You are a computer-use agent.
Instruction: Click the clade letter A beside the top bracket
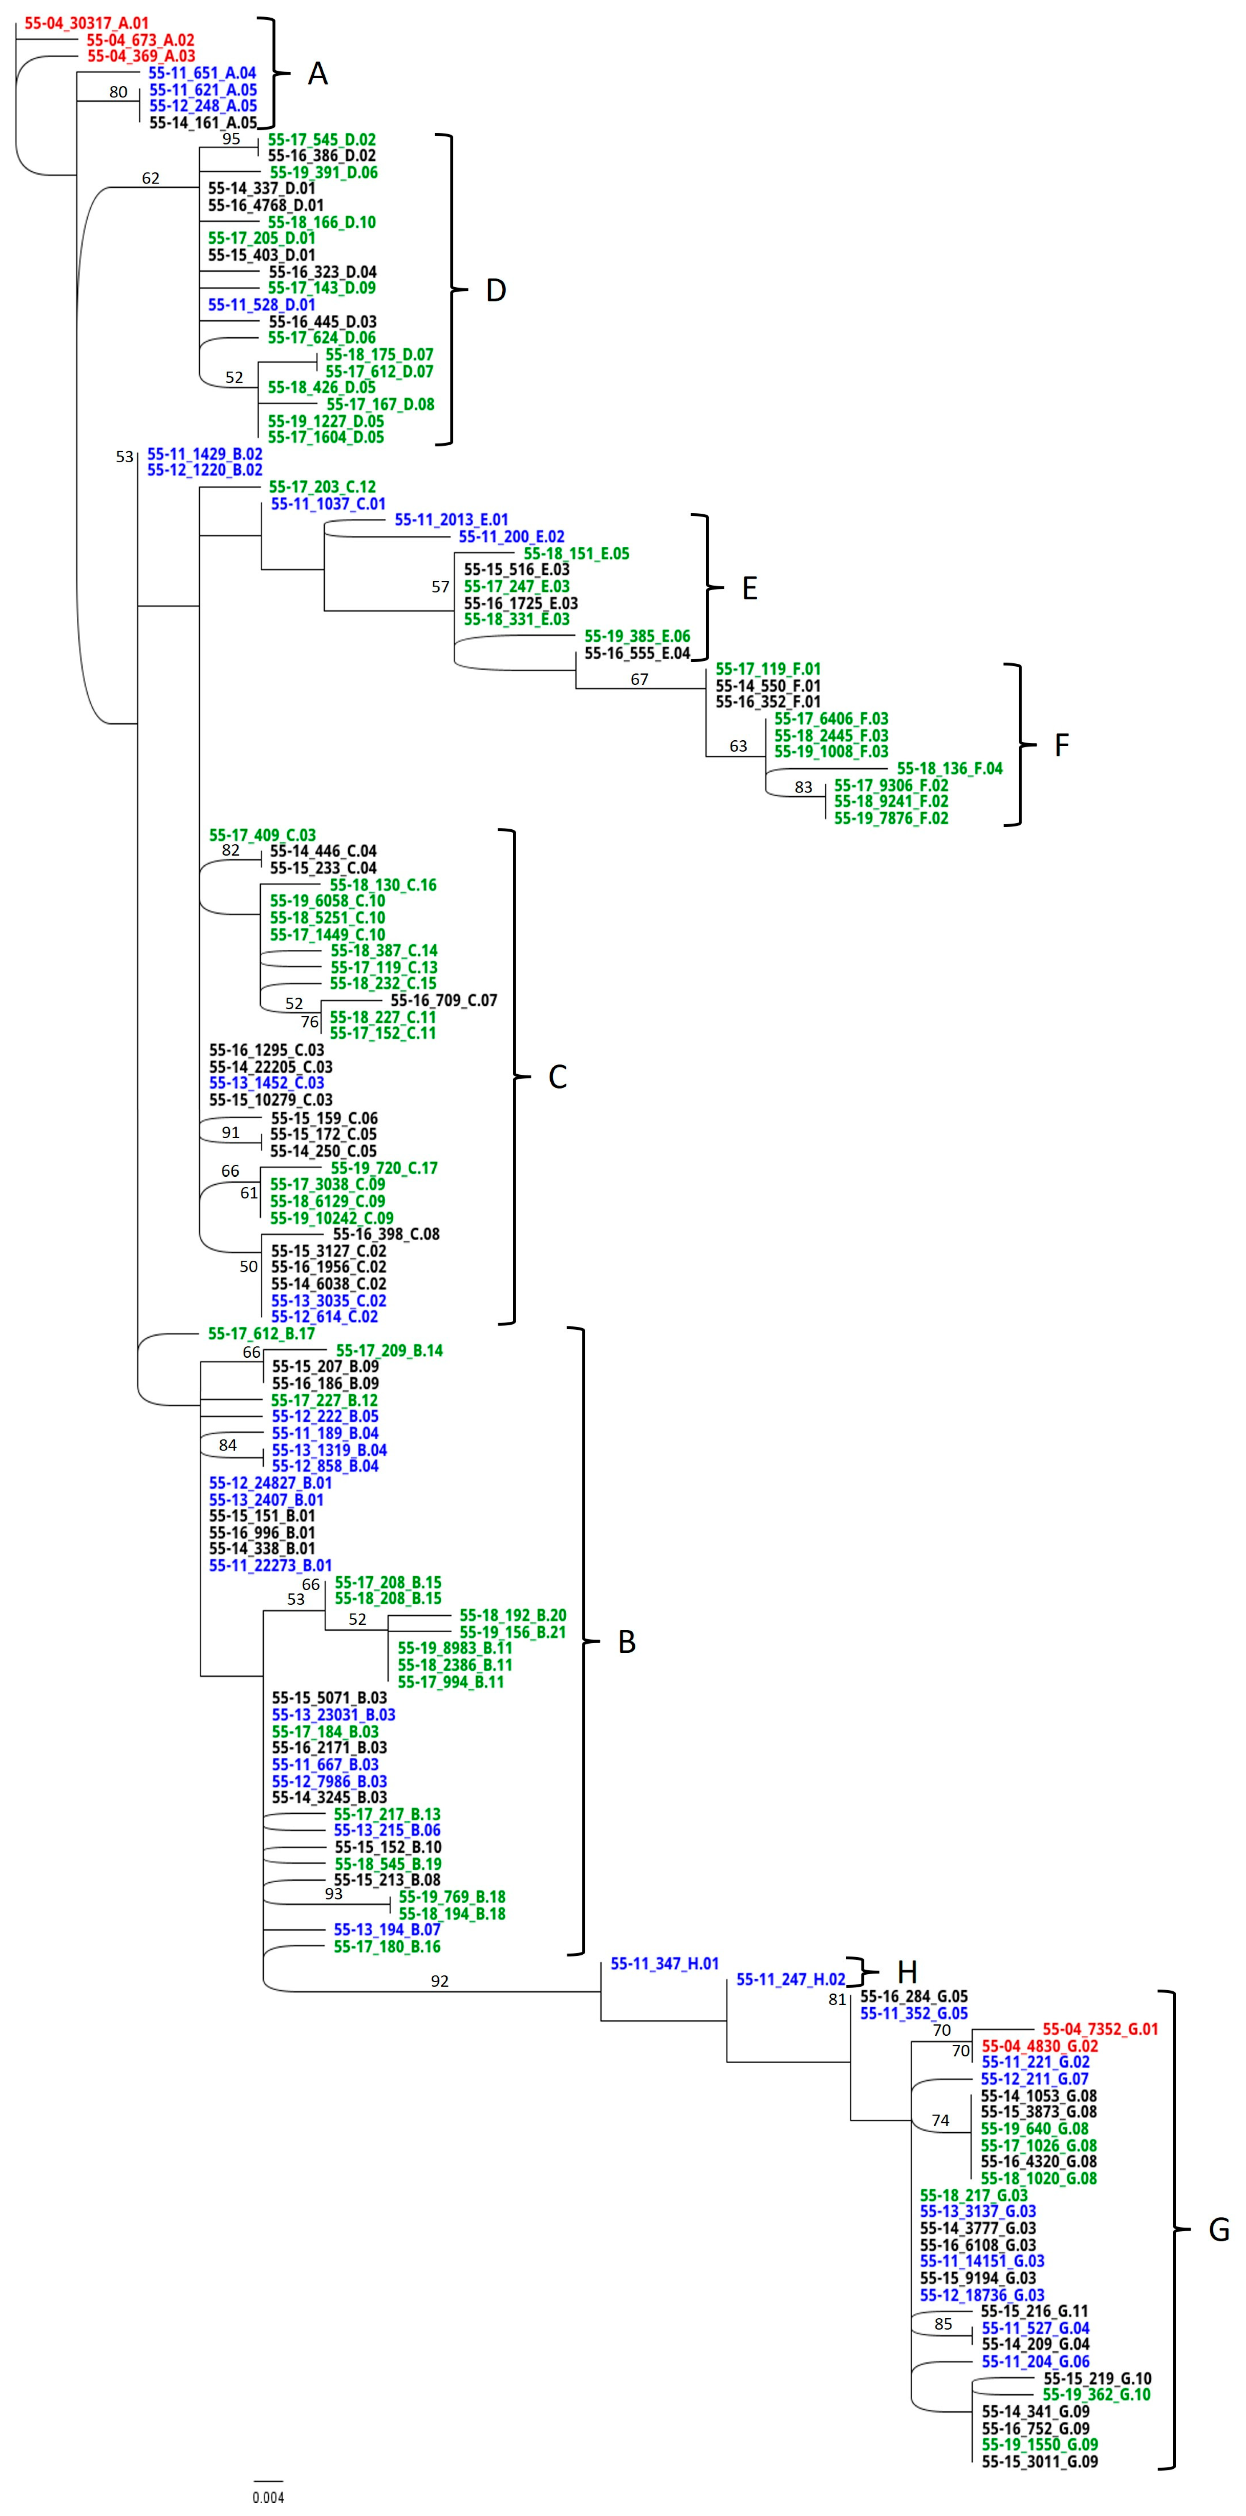pos(318,73)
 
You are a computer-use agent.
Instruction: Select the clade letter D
pos(496,290)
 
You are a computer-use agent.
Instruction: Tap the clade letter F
pos(1061,745)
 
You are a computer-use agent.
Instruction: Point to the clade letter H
pos(907,1972)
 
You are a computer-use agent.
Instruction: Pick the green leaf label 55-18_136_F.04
pos(949,769)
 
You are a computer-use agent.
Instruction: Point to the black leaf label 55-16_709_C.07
pos(443,1000)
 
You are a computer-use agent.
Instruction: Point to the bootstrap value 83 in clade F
pos(803,787)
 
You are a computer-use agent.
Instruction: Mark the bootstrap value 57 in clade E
pos(440,587)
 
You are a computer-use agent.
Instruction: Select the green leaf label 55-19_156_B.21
pos(513,1632)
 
